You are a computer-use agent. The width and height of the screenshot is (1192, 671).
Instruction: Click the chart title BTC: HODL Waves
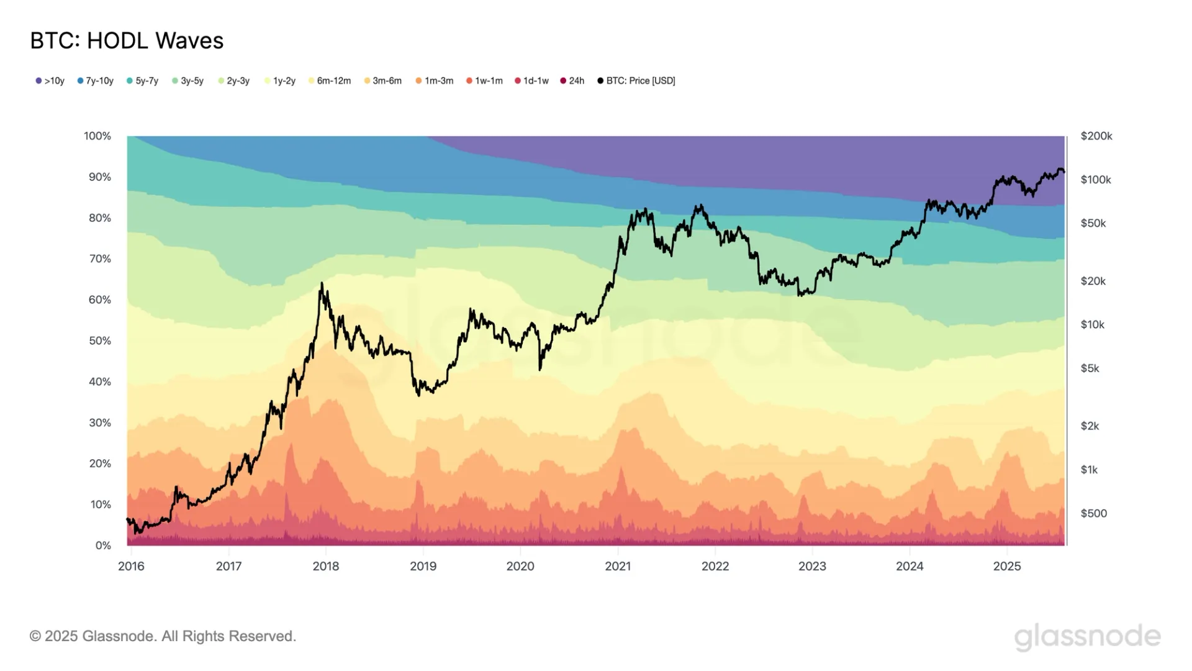tap(127, 41)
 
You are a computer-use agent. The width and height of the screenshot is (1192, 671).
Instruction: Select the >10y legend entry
tap(50, 81)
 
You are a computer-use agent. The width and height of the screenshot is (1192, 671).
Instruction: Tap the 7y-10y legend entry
tap(96, 81)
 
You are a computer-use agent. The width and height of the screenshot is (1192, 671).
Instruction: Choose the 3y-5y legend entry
tap(188, 81)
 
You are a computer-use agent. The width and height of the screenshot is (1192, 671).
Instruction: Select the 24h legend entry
tap(572, 81)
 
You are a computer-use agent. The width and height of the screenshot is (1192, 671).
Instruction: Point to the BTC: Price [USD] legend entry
tap(636, 81)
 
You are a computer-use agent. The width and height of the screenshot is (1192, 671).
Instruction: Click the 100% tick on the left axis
tap(97, 136)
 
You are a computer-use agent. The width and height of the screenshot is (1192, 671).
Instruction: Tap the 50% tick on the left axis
tap(100, 341)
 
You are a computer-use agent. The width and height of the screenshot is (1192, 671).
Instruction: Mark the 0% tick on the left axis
tap(103, 545)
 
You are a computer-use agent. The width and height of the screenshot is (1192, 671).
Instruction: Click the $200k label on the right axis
tap(1096, 136)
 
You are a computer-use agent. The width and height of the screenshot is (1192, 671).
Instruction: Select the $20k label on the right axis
tap(1093, 281)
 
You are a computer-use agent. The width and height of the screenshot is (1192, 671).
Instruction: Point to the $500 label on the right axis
tap(1094, 513)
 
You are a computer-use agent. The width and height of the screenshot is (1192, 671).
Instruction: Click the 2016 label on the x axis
tap(131, 566)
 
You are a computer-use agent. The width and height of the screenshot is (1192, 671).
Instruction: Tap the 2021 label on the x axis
tap(618, 566)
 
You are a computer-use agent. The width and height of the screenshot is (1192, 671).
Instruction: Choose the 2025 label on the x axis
tap(1007, 566)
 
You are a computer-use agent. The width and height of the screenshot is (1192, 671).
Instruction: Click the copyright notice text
tap(163, 636)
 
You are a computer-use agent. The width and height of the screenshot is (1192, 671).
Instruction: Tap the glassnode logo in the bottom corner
tap(1087, 637)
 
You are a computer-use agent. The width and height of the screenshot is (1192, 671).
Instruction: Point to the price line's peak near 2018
tap(322, 284)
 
